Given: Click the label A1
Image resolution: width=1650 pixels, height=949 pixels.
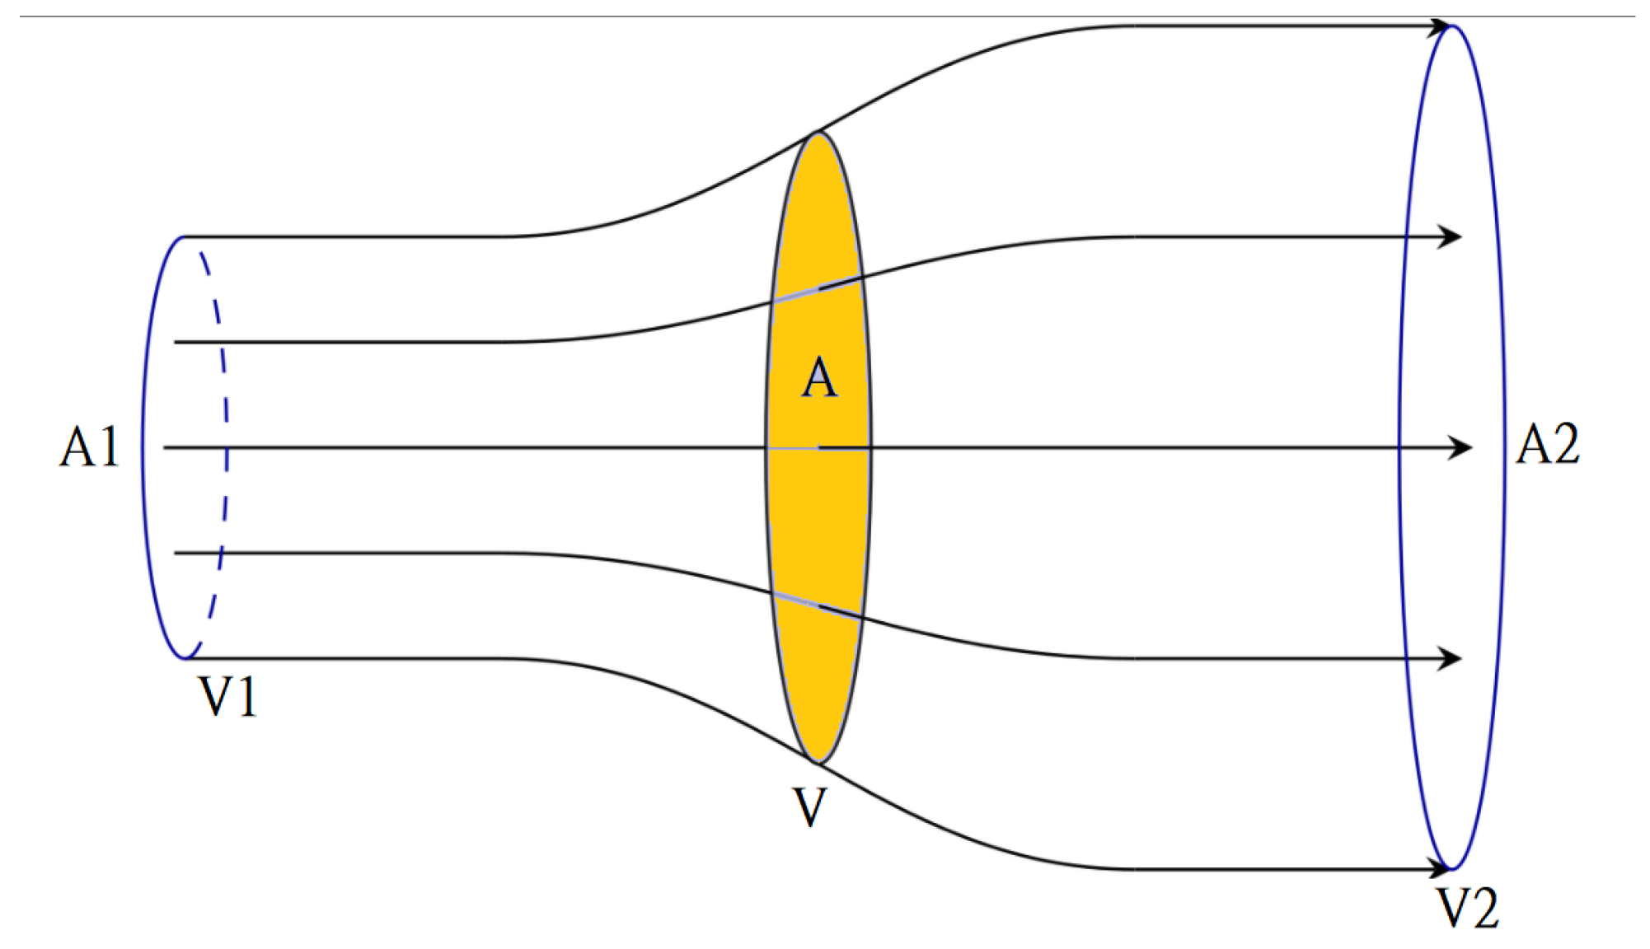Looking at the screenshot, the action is coord(90,448).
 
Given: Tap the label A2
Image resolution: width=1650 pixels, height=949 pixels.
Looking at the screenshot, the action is coord(1548,445).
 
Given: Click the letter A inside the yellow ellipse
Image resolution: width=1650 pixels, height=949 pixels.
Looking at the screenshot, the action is coord(819,379).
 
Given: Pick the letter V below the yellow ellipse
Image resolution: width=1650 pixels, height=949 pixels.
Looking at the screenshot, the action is coord(809,807).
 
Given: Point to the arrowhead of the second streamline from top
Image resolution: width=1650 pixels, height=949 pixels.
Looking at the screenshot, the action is coord(1451,237).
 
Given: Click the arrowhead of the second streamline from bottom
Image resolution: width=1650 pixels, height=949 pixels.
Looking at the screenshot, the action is coord(1451,658).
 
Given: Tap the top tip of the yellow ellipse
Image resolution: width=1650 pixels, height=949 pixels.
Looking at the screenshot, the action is coord(818,133).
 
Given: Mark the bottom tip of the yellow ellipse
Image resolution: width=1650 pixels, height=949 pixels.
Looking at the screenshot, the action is coord(818,763).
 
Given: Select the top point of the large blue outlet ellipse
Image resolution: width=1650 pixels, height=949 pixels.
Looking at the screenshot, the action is coord(1453,26).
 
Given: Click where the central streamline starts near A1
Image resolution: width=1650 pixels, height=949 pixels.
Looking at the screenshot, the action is coord(166,447).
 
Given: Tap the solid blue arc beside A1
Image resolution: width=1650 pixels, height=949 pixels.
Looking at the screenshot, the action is coord(144,447).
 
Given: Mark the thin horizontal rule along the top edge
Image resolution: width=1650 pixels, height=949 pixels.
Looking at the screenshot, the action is coord(824,16).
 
